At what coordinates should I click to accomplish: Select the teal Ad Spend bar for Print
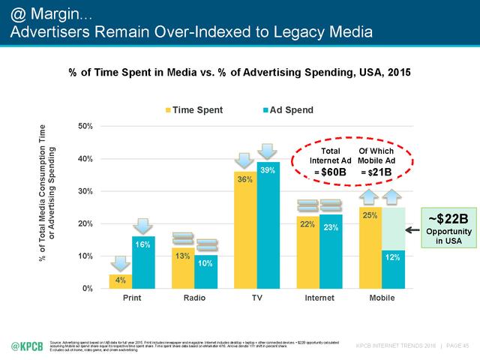click(142, 262)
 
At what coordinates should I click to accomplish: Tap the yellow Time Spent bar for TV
click(245, 232)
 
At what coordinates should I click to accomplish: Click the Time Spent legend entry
click(193, 110)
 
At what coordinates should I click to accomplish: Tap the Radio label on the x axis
click(194, 298)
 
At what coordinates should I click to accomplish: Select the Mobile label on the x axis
click(382, 298)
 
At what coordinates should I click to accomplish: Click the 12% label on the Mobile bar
click(393, 258)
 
